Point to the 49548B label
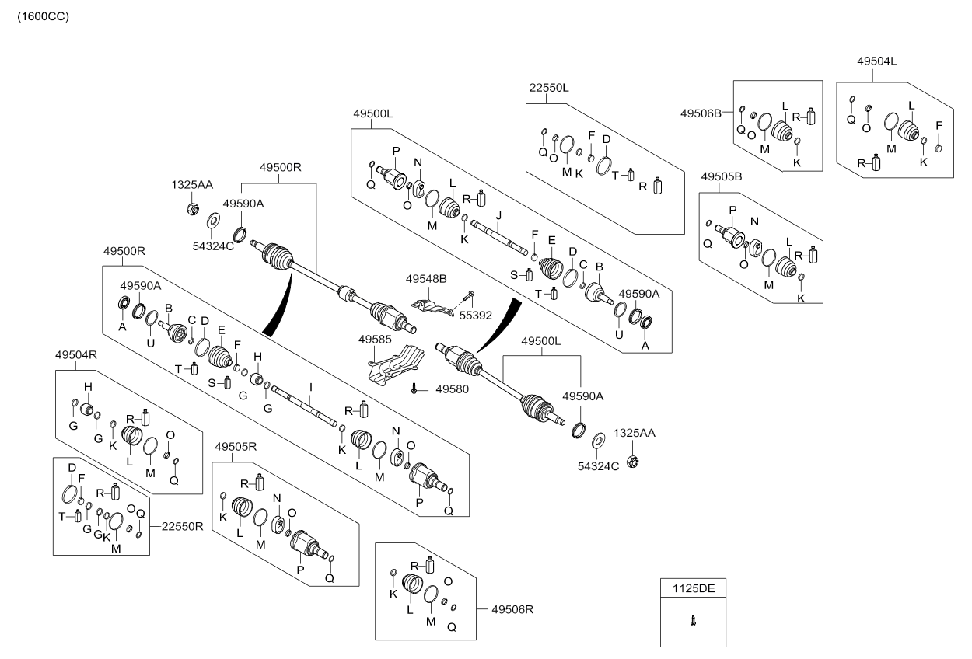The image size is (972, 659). [426, 277]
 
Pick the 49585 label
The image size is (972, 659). [375, 340]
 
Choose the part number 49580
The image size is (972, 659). [451, 389]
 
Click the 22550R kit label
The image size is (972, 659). [183, 525]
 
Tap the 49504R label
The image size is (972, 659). [75, 354]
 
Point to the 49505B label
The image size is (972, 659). [722, 176]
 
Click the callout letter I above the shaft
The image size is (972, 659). [310, 386]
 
